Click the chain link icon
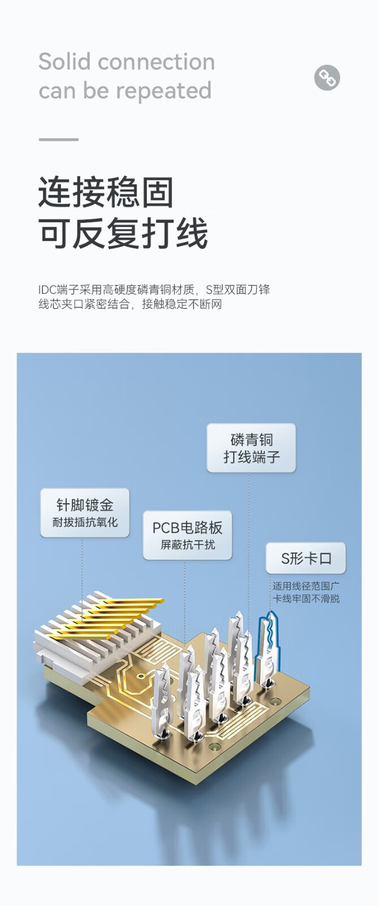tap(327, 77)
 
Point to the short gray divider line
tap(59, 139)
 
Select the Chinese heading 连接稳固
tap(106, 193)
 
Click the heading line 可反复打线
tap(123, 233)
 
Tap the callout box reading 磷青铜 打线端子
tap(251, 448)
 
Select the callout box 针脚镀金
tap(85, 512)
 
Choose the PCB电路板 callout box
tap(187, 535)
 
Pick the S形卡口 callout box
tap(306, 558)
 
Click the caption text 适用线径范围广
tap(306, 586)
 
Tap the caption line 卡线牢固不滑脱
tap(306, 599)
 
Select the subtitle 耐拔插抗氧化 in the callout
tap(85, 522)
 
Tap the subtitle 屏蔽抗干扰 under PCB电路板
tap(187, 545)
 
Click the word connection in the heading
tap(156, 62)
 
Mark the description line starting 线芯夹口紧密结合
tap(130, 304)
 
